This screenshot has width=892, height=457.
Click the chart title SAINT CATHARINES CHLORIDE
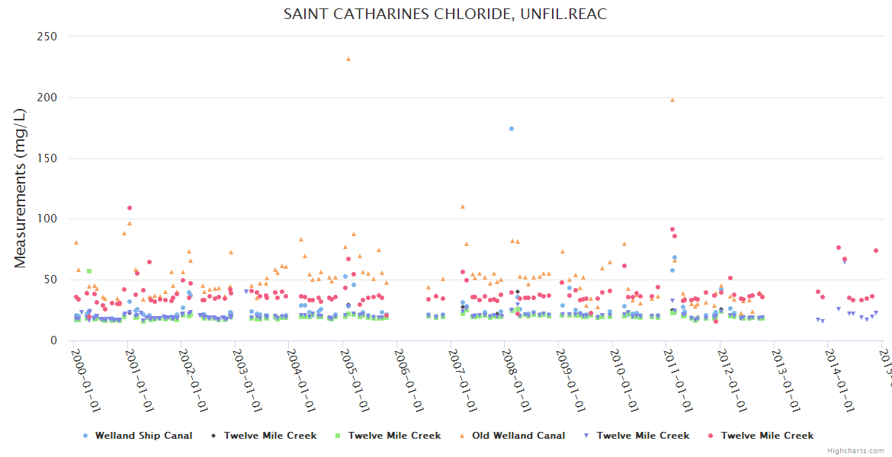(x=445, y=14)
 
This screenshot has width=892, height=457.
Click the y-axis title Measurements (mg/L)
(x=21, y=188)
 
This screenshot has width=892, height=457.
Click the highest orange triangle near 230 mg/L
(x=348, y=59)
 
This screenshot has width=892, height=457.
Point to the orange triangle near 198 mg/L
(x=672, y=100)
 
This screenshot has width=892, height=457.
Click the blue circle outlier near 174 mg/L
(x=512, y=129)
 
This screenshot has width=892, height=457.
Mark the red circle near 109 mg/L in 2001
(x=130, y=208)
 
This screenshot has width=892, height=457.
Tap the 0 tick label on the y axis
(x=53, y=340)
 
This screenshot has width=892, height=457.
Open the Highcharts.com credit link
(x=856, y=451)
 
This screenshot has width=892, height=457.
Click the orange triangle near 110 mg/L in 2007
(x=463, y=206)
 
